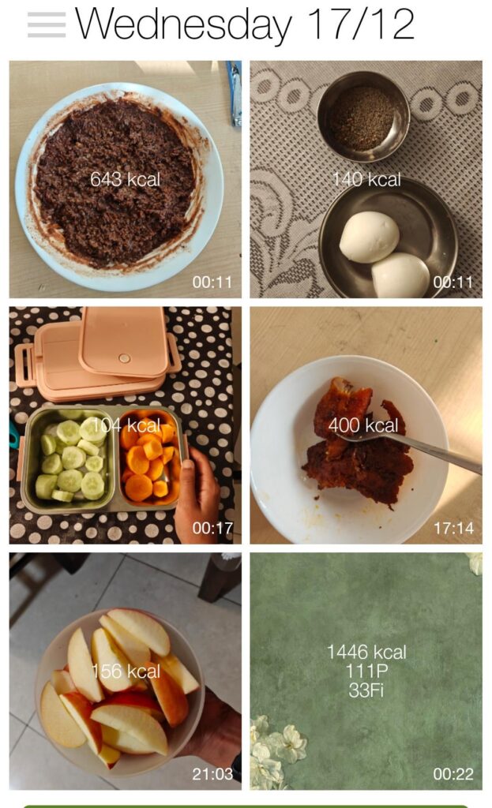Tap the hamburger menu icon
47,24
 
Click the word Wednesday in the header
183,24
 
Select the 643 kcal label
125,180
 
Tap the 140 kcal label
366,180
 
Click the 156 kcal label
126,671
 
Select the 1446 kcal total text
366,653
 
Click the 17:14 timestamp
454,529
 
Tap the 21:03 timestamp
212,774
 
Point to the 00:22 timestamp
454,774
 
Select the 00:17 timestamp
212,529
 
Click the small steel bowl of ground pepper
362,117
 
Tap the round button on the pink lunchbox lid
124,358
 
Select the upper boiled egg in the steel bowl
369,236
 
